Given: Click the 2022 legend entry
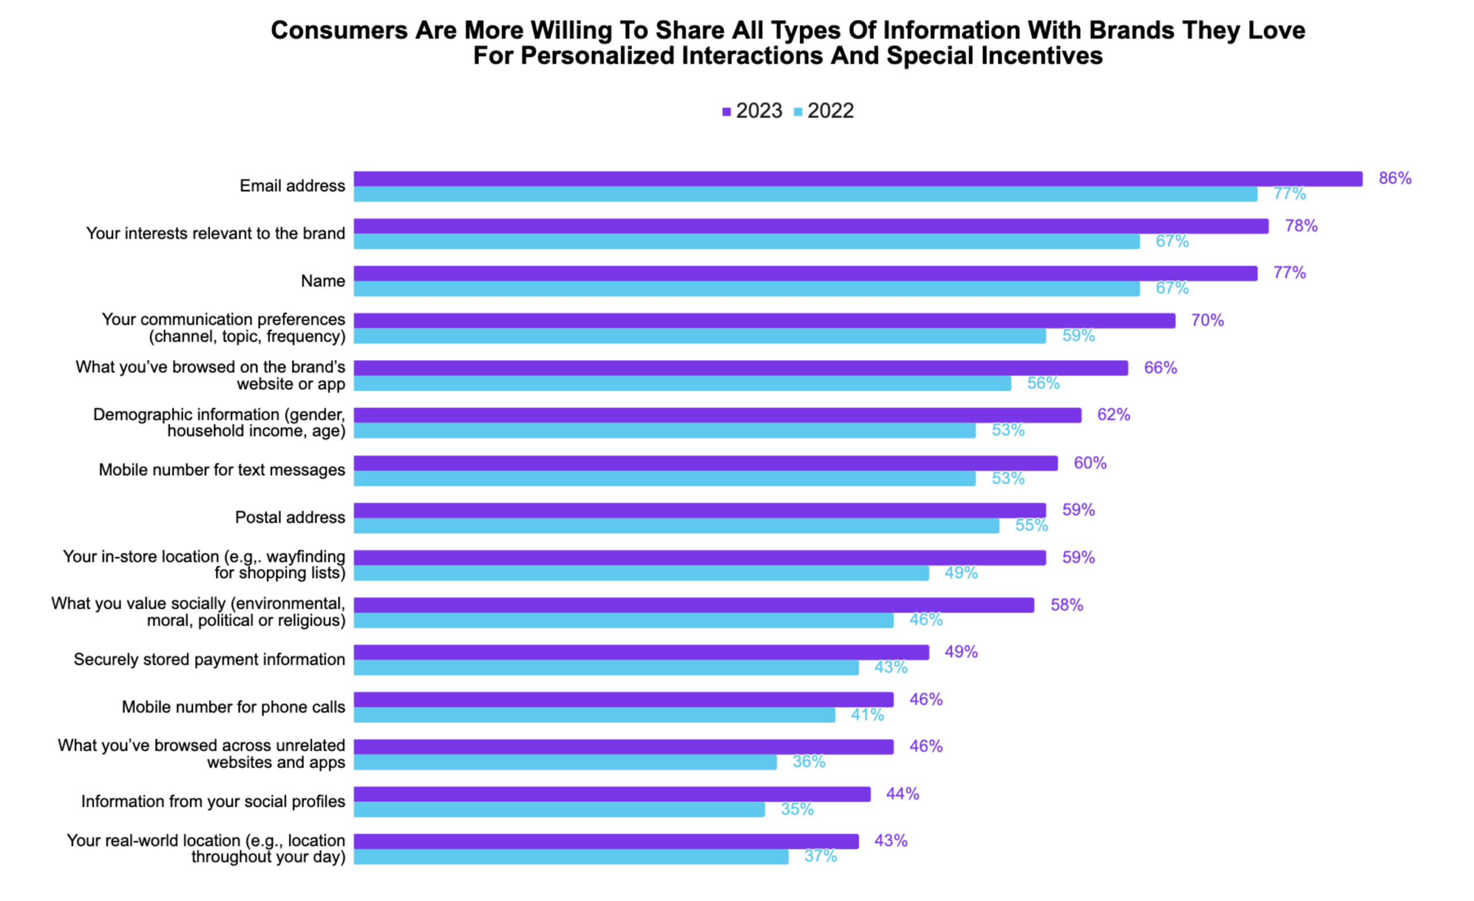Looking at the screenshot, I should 824,111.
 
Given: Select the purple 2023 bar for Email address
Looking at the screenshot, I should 857,179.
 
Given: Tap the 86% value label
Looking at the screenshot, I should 1395,178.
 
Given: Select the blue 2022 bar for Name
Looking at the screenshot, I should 746,289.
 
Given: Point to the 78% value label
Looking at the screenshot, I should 1301,226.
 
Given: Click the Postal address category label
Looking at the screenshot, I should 290,517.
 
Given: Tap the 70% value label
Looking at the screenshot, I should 1207,320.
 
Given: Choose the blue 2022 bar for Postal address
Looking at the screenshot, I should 676,526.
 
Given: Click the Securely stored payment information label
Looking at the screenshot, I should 210,659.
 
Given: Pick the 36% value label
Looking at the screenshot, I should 809,762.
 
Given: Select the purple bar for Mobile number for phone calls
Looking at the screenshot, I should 624,700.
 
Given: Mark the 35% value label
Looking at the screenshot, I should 797,810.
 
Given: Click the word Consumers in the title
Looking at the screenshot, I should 339,30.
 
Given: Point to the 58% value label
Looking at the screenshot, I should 1066,605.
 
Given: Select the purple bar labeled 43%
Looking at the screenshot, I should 605,841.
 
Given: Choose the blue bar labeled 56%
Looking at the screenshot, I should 682,383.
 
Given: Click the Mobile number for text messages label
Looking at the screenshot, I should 222,470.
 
